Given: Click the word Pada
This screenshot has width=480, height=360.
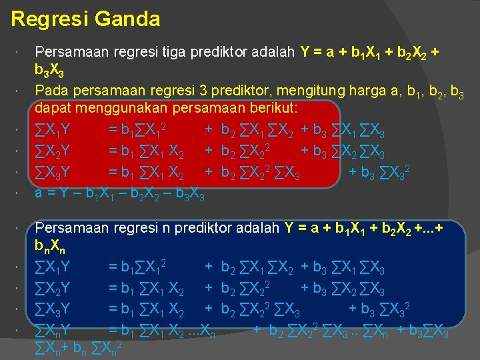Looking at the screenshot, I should click(x=51, y=89).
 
